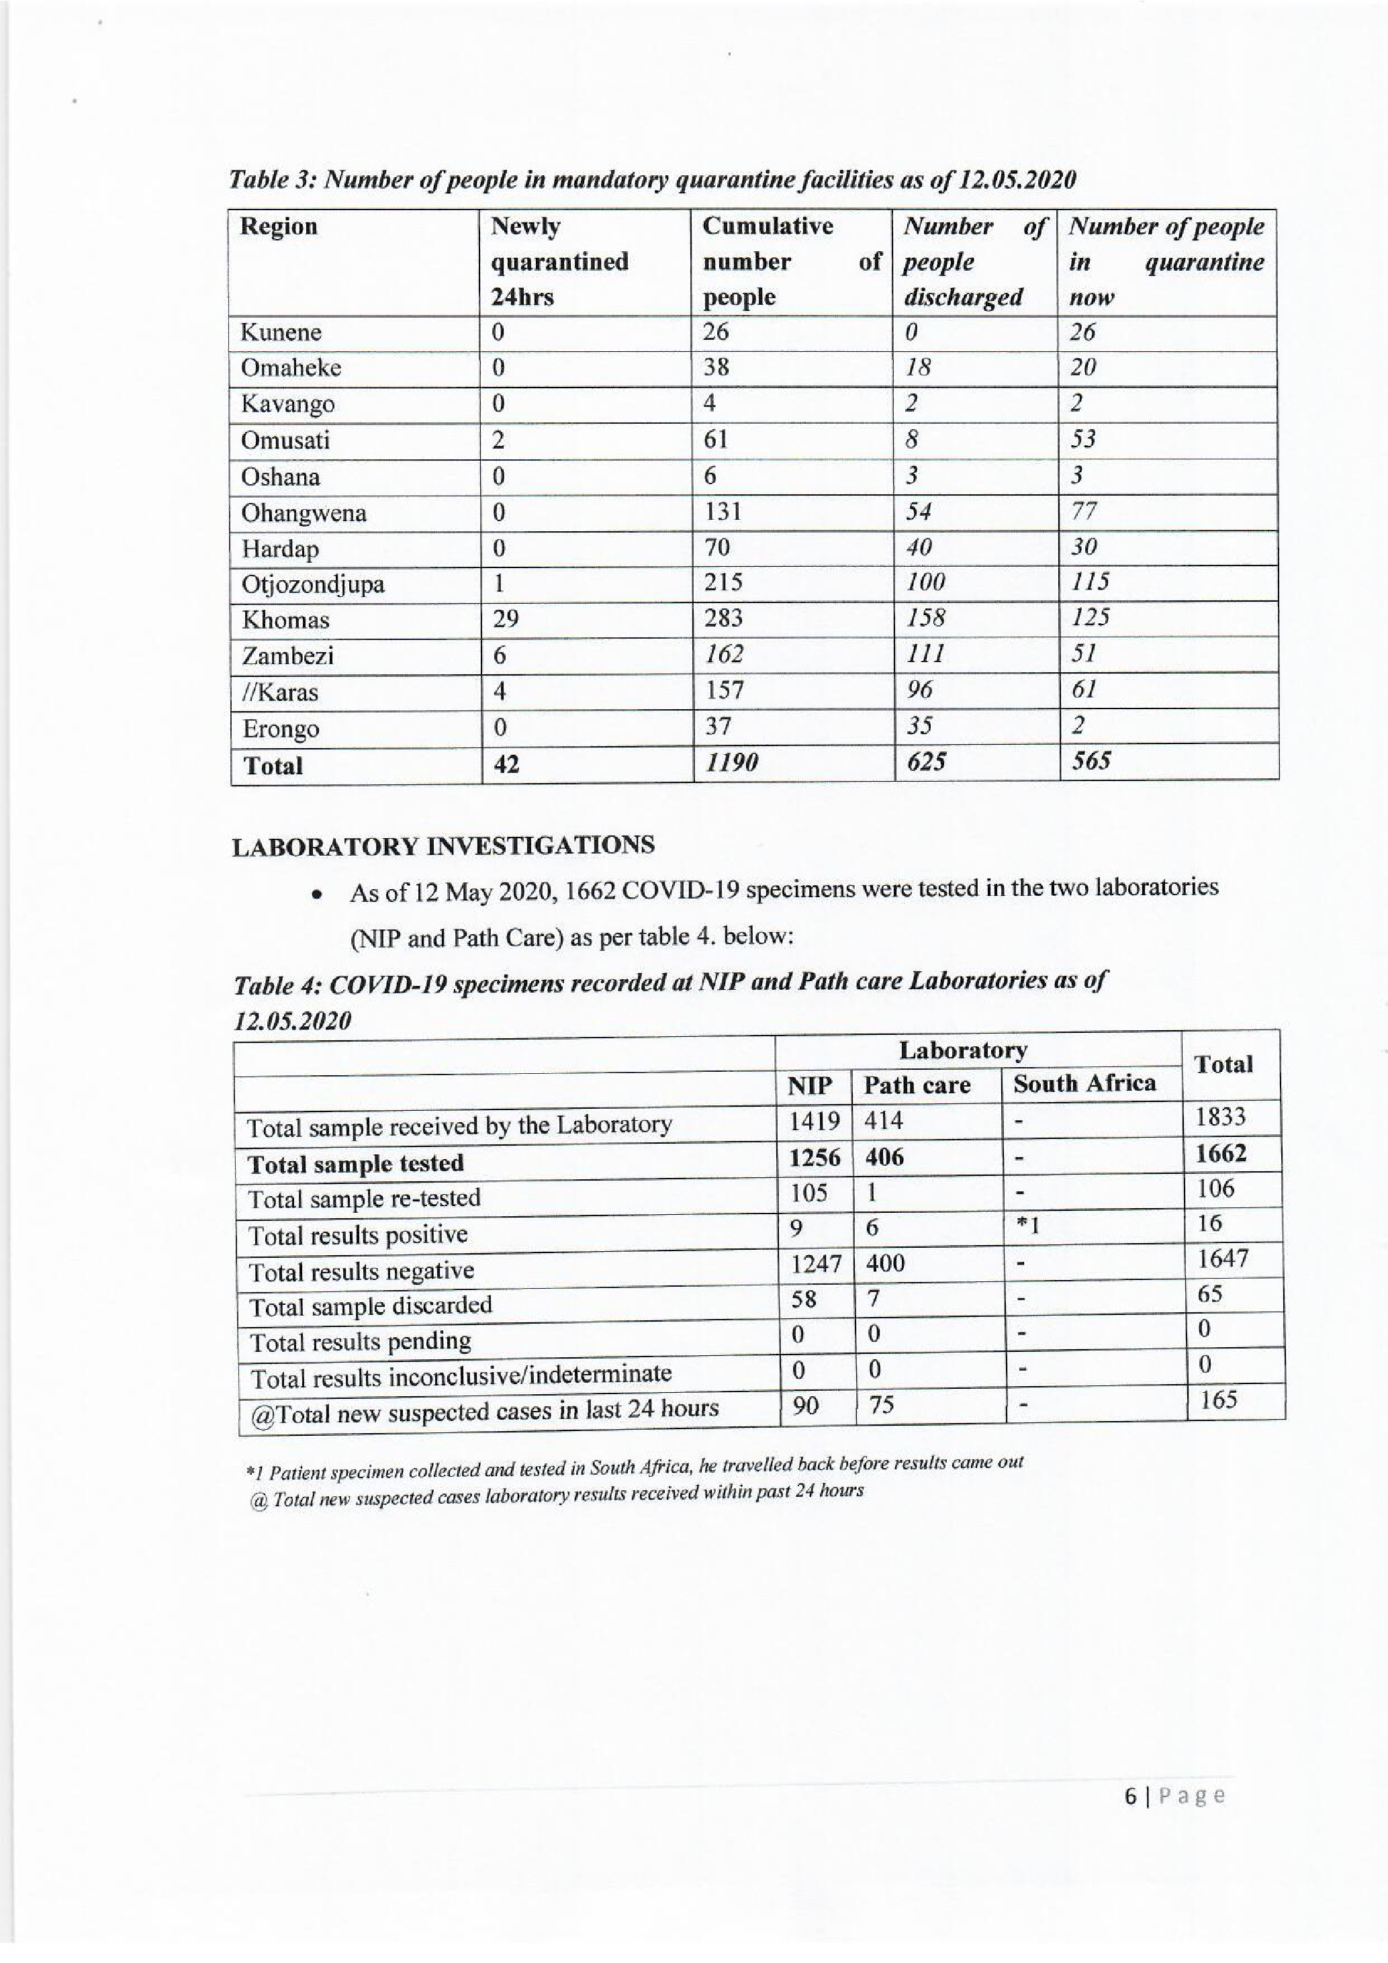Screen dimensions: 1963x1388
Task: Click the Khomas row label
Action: tap(285, 620)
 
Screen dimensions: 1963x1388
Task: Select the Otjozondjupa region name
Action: tap(312, 584)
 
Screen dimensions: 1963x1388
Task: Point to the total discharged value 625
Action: tap(925, 761)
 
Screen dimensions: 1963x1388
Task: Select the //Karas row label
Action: tap(279, 692)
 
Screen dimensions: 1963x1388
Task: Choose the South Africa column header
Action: tap(1084, 1083)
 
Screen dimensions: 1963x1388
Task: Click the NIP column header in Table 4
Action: tap(808, 1086)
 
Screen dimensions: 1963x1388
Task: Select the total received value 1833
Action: tap(1221, 1117)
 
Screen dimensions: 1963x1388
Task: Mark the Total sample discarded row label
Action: tap(370, 1306)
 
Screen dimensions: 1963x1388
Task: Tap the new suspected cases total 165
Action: tap(1219, 1400)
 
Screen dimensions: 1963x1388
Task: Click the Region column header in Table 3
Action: tap(279, 226)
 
